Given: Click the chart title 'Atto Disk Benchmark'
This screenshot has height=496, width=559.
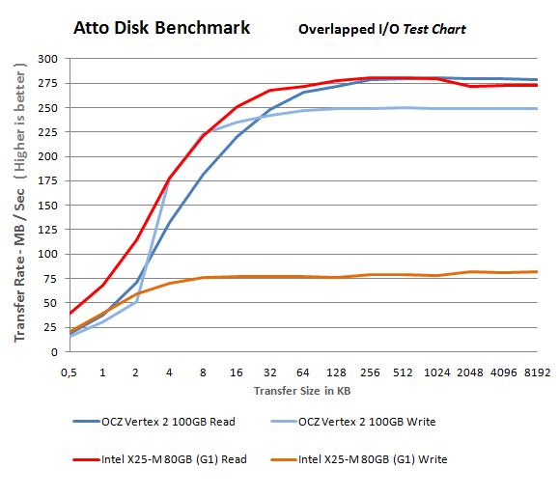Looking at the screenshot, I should tap(161, 27).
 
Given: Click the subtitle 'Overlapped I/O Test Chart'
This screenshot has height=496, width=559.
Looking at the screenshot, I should tap(381, 29).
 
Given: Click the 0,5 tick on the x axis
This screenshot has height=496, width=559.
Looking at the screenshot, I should tap(69, 371).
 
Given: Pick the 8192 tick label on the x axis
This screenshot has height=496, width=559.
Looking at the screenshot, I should tap(537, 371).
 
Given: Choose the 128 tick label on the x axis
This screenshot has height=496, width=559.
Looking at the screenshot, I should tap(336, 371).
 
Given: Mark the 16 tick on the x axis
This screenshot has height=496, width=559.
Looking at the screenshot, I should tap(236, 371).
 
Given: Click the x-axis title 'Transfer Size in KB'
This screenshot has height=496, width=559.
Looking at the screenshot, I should tap(302, 391).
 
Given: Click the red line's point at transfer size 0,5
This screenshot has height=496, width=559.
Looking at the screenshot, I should tap(69, 314).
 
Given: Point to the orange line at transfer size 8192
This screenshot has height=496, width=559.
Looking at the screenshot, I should tap(537, 271).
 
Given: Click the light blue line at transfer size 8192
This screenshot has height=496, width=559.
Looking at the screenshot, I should tap(537, 108).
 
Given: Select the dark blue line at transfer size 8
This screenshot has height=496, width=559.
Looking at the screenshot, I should tap(203, 175).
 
